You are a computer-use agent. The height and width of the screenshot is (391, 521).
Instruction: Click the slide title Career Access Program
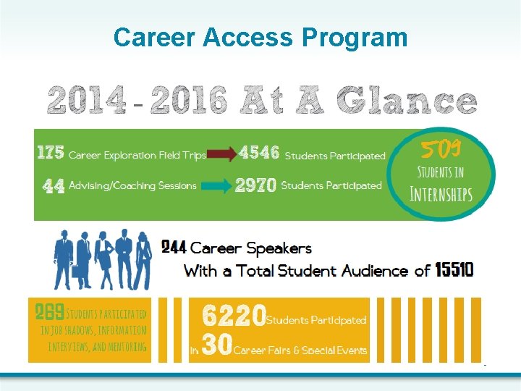pos(260,37)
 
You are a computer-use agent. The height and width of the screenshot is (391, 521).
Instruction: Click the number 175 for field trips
pos(51,154)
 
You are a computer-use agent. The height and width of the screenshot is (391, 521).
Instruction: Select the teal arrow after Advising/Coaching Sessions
pos(219,186)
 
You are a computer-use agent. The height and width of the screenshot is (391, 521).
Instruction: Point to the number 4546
pos(259,154)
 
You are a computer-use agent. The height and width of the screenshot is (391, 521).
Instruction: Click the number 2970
pos(255,186)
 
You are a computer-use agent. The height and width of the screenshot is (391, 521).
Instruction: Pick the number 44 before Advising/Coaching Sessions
pos(54,186)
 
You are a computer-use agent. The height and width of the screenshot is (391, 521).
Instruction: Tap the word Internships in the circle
pos(441,194)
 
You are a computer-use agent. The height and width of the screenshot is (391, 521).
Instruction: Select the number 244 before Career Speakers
pos(174,248)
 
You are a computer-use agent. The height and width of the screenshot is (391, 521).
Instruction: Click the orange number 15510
pos(454,270)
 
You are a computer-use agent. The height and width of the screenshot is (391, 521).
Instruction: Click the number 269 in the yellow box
pos(50,313)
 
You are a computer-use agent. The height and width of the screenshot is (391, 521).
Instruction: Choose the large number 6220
pos(234,316)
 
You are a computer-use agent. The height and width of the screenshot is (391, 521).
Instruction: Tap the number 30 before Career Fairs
pos(216,347)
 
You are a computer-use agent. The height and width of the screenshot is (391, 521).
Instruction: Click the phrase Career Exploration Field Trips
pos(137,155)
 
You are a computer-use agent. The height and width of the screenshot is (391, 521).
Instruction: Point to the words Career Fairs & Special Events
pos(301,350)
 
